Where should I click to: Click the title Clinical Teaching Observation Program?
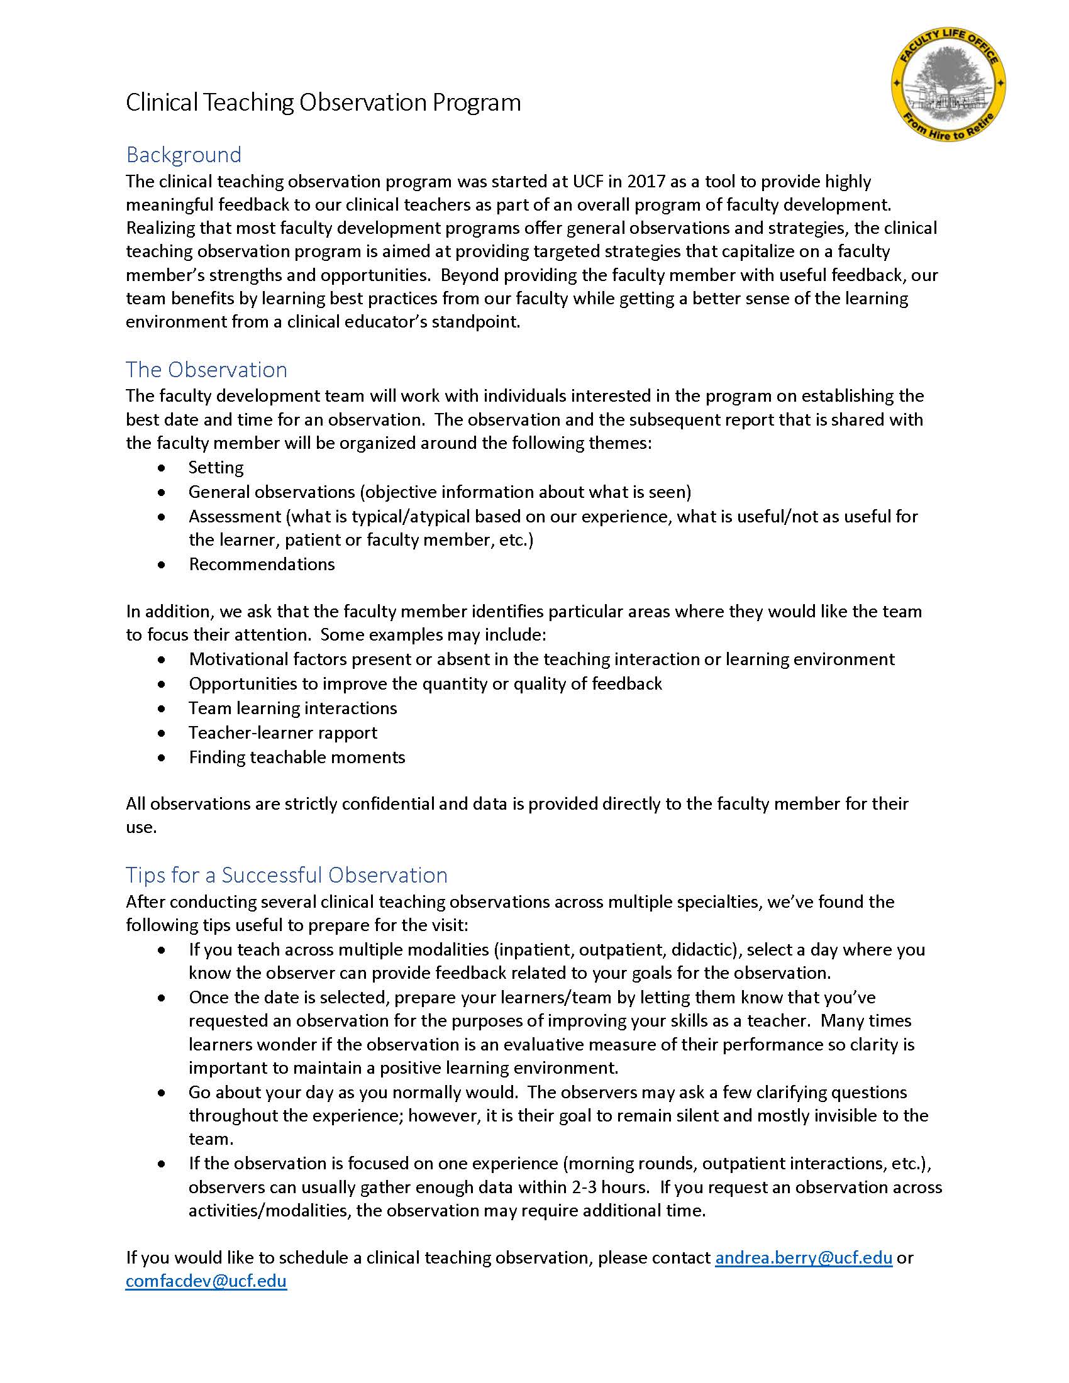pos(323,102)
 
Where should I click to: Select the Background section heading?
pos(184,155)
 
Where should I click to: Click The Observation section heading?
pos(206,370)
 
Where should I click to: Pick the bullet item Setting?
pos(216,468)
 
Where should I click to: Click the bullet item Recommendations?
pos(262,565)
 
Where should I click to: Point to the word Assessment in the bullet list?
pos(235,517)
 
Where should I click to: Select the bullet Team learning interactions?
pos(292,708)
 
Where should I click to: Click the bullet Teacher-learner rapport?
pos(282,733)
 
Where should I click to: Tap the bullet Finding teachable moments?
pos(296,758)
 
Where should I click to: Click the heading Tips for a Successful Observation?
pos(286,875)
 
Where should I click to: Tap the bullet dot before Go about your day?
pos(163,1094)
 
